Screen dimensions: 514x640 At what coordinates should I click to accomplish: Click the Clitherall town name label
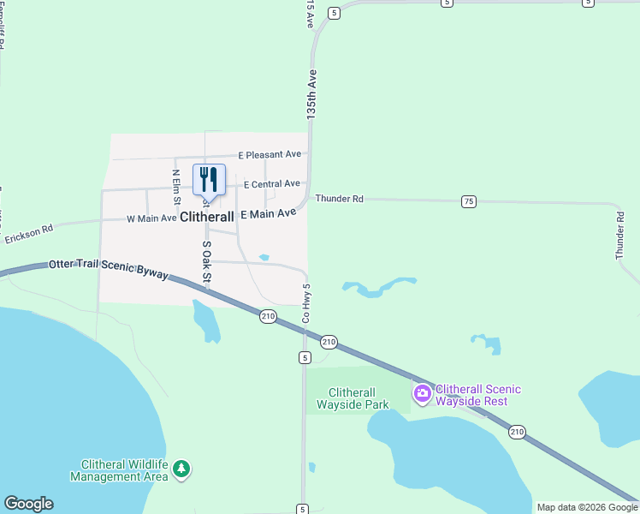pyautogui.click(x=208, y=218)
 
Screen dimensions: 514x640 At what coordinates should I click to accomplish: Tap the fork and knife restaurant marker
pyautogui.click(x=209, y=179)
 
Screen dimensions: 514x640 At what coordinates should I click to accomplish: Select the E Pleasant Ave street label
pyautogui.click(x=270, y=155)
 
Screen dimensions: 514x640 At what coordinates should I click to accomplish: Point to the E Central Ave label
pyautogui.click(x=272, y=184)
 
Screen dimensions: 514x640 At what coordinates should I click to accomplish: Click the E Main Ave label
pyautogui.click(x=269, y=213)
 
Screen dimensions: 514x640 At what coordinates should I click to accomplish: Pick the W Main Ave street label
pyautogui.click(x=151, y=219)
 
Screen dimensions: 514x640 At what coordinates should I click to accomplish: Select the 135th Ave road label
pyautogui.click(x=312, y=93)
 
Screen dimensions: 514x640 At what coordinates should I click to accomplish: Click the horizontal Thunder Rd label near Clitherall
pyautogui.click(x=339, y=199)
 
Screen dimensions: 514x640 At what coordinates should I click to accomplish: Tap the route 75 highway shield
pyautogui.click(x=468, y=201)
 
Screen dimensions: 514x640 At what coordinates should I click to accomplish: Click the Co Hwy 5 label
pyautogui.click(x=305, y=304)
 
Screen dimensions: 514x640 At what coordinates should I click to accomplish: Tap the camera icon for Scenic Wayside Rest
pyautogui.click(x=422, y=394)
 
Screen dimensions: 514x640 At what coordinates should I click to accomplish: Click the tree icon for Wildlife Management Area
pyautogui.click(x=181, y=469)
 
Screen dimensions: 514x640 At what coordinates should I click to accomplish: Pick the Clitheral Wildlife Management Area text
pyautogui.click(x=118, y=470)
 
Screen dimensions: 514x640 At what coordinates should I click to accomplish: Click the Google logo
pyautogui.click(x=28, y=504)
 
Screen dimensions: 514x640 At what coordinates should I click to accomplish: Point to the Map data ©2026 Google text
pyautogui.click(x=587, y=507)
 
